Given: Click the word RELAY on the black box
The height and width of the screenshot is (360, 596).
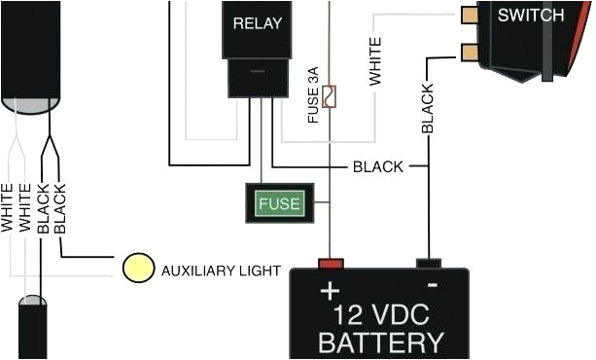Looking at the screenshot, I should (258, 20).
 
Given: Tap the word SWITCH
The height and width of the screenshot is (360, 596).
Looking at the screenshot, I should (530, 16).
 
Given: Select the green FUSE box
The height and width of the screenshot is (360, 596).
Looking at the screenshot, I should (279, 203).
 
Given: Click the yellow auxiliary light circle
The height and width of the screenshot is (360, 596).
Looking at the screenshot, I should (138, 269).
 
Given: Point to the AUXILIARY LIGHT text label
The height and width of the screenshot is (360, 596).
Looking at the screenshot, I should (221, 270).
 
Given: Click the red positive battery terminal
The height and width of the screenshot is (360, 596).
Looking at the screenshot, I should (332, 263).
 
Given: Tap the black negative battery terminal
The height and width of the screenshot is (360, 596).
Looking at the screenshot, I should (429, 263).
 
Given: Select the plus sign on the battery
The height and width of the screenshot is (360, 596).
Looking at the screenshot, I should (332, 291).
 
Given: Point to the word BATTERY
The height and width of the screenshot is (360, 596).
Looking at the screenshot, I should (381, 343).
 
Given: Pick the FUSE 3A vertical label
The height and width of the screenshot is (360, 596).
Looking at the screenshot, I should (313, 95).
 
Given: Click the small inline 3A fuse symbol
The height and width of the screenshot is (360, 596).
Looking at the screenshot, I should (331, 95).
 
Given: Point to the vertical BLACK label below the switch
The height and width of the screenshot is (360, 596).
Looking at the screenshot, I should (428, 107).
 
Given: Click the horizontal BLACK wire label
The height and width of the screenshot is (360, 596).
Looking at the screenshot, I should (378, 166).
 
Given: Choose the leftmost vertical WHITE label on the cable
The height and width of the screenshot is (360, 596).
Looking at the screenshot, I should (9, 206).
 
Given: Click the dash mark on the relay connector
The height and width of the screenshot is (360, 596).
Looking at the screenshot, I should (258, 72).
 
